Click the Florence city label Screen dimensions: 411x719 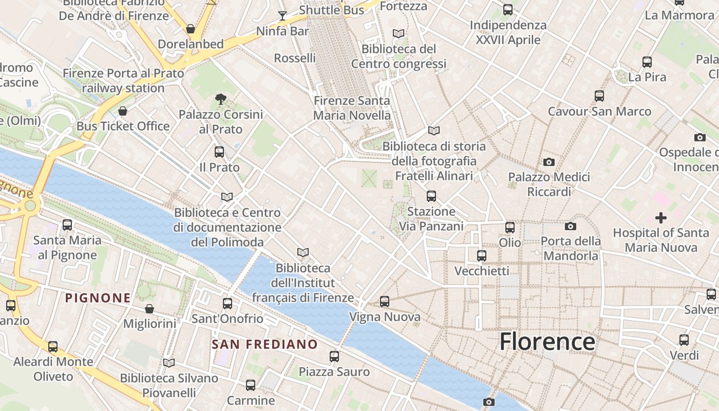tap(547, 342)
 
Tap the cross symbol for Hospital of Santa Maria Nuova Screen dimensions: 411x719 tap(661, 218)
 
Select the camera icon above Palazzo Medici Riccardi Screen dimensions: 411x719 tap(549, 162)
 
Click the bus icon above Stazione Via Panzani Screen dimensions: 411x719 tap(431, 196)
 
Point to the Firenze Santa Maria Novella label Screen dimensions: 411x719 tap(352, 108)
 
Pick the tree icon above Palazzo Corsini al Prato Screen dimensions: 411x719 tap(221, 99)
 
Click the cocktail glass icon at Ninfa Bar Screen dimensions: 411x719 tap(282, 15)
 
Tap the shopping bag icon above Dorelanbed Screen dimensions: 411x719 tap(191, 29)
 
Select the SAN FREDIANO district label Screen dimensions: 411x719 tap(265, 344)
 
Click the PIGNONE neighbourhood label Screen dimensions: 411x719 tap(98, 297)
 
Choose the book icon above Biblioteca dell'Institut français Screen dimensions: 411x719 tap(303, 252)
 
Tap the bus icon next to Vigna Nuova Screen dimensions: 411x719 tap(385, 302)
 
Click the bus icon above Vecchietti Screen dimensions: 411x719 tap(482, 255)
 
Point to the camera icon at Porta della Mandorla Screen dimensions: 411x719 tap(570, 226)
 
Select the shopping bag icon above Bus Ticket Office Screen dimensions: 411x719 tap(123, 111)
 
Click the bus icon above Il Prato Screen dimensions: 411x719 tap(219, 152)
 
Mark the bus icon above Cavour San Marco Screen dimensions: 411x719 tap(599, 96)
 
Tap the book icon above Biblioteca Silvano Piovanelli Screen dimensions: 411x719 tap(169, 363)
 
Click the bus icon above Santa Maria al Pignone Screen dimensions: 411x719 tap(67, 225)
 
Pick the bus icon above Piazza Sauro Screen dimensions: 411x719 tap(334, 356)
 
